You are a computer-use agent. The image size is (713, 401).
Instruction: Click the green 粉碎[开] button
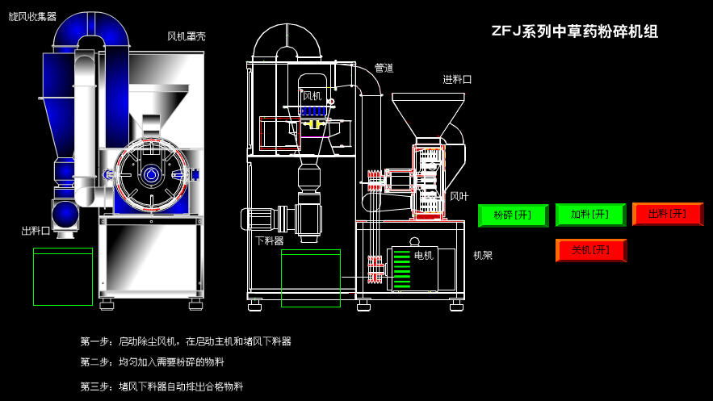point(513,215)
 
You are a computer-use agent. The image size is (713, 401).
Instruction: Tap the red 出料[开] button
point(667,214)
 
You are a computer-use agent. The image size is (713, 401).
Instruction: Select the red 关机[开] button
point(590,250)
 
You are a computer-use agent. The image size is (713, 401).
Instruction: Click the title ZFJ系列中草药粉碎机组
point(575,32)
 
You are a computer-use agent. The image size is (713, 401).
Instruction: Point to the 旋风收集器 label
point(32,16)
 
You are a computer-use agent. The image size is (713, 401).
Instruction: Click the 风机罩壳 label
point(187,36)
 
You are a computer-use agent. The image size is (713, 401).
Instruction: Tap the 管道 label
point(384,68)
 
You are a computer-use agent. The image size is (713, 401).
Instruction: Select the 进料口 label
point(457,79)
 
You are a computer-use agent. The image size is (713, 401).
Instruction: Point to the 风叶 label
point(459,196)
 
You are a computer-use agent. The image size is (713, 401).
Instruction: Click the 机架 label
point(483,255)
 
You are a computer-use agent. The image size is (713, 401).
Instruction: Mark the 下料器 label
point(270,240)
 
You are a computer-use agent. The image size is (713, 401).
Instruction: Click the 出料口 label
point(36,231)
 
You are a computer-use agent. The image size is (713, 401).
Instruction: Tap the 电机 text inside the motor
point(424,256)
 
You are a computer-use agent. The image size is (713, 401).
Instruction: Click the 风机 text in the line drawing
point(312,96)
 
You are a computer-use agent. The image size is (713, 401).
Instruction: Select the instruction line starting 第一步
point(185,341)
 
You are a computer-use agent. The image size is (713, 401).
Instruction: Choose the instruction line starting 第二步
point(152,362)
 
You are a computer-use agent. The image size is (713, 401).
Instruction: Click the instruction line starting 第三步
point(161,386)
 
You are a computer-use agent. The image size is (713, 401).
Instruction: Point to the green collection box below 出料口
point(63,278)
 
